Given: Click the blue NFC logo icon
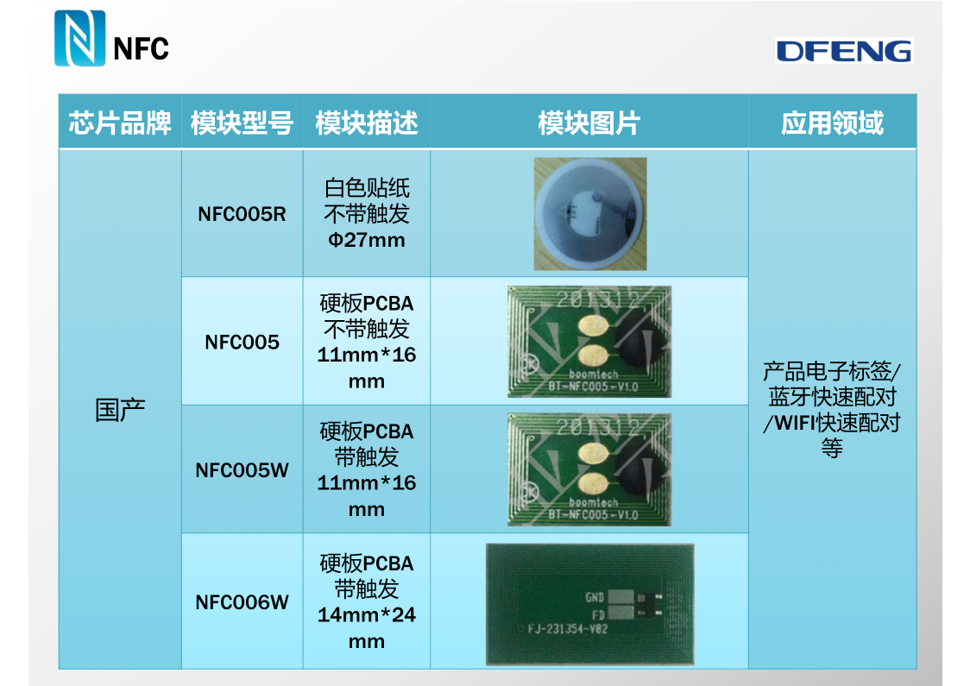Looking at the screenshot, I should pyautogui.click(x=79, y=39).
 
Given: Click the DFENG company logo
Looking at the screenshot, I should pyautogui.click(x=843, y=51).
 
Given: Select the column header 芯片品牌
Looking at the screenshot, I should pyautogui.click(x=120, y=123).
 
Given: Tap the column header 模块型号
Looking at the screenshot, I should pyautogui.click(x=242, y=123).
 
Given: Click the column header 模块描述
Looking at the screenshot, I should pyautogui.click(x=367, y=123).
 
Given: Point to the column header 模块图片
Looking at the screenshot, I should pyautogui.click(x=589, y=123).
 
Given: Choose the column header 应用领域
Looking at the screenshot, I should pyautogui.click(x=832, y=123).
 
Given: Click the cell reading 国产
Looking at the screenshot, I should pyautogui.click(x=120, y=410).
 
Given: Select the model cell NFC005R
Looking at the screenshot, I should pyautogui.click(x=242, y=214).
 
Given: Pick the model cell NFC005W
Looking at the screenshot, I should pyautogui.click(x=242, y=470).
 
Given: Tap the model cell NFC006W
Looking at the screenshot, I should pyautogui.click(x=242, y=601).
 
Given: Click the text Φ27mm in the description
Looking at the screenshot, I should pyautogui.click(x=367, y=240).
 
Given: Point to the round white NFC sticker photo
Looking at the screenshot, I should pyautogui.click(x=589, y=214).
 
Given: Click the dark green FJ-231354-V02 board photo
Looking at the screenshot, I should pyautogui.click(x=589, y=603).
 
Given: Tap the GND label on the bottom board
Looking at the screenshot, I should pyautogui.click(x=594, y=597).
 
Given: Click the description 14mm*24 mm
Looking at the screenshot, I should pyautogui.click(x=367, y=627).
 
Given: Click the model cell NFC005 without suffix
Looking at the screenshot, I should pyautogui.click(x=242, y=342).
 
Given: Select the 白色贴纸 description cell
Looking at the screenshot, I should pyautogui.click(x=367, y=188).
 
